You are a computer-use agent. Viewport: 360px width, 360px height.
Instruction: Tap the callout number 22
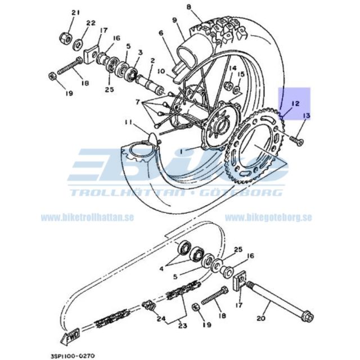(91, 23)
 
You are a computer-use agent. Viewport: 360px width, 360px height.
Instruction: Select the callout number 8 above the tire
(189, 7)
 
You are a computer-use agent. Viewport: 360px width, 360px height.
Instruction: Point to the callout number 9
(174, 21)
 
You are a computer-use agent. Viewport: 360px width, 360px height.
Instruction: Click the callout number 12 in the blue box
(295, 104)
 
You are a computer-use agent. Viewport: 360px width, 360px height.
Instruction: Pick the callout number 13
(307, 116)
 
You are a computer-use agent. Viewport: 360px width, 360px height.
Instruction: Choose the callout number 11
(128, 122)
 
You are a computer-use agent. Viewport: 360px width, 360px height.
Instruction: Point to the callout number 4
(161, 269)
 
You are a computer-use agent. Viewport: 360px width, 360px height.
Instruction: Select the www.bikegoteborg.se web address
(268, 217)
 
